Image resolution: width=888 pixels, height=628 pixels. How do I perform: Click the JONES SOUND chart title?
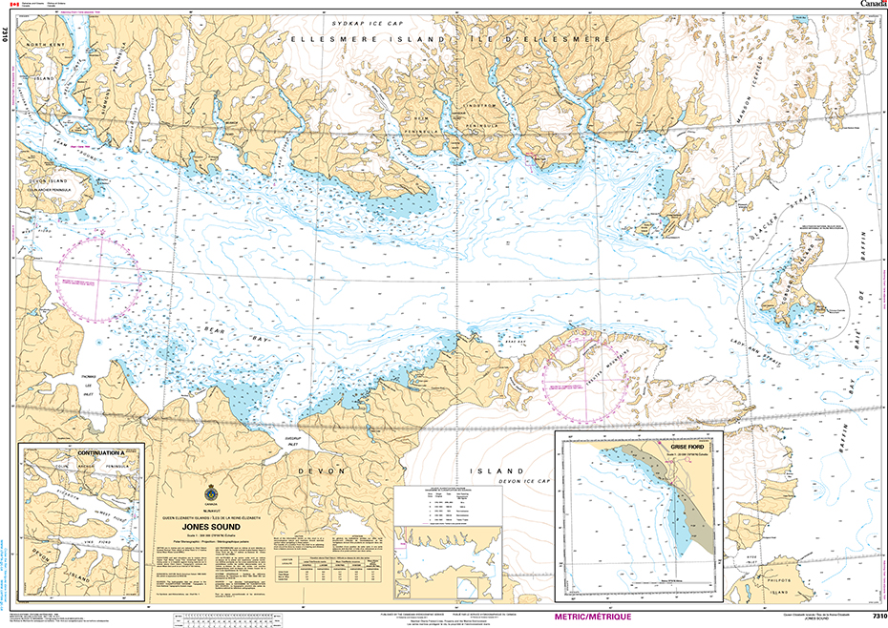pyautogui.click(x=213, y=525)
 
